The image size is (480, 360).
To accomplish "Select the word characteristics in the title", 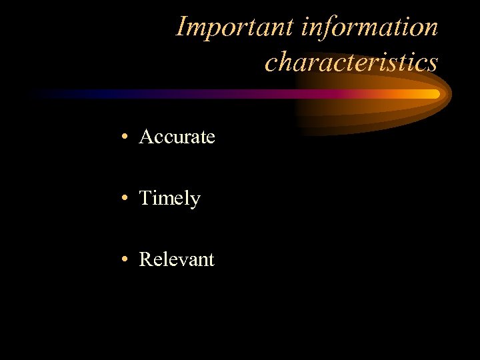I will coord(351,62).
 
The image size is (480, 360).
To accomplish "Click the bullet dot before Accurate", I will coord(125,138).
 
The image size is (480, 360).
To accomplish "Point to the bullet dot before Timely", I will coord(125,199).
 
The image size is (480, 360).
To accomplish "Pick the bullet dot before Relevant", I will coord(125,259).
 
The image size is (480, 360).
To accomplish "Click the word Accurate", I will coord(177,137).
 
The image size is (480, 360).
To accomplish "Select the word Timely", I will coord(169,199).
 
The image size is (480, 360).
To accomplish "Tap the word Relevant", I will coord(177,259).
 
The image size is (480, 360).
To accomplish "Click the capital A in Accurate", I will coord(146,137).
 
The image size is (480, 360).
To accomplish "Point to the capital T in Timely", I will coord(145,198).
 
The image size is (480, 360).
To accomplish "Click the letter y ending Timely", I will coord(195,201).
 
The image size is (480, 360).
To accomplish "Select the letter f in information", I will coord(327,28).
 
